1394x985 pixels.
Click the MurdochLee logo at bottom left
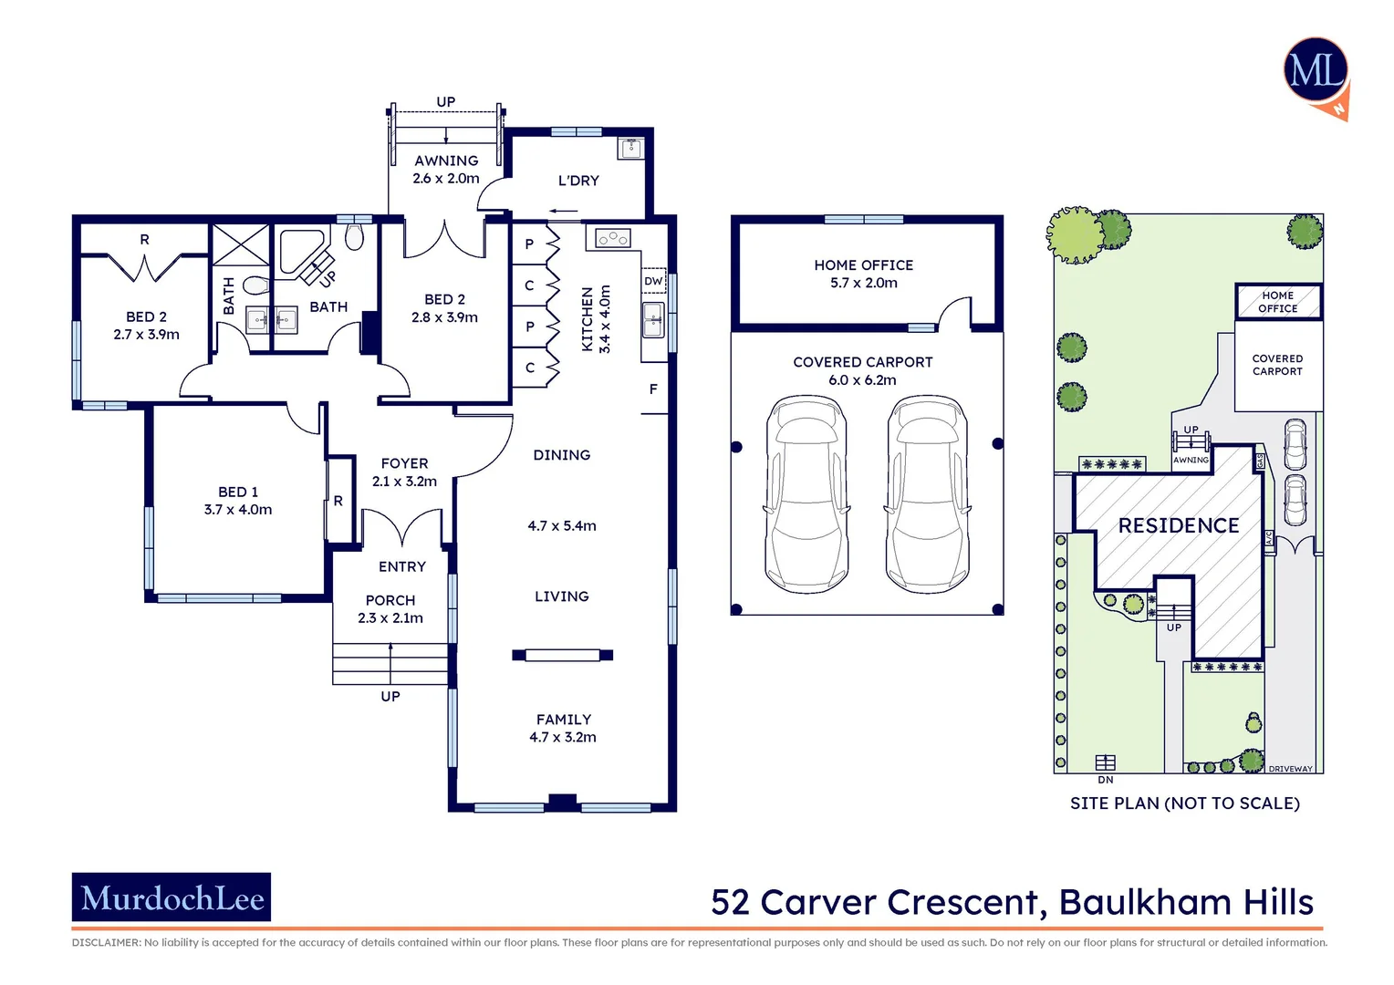(x=172, y=897)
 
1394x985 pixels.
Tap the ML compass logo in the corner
(x=1316, y=73)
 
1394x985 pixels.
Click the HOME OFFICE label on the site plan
(x=1277, y=302)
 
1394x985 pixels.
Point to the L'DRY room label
(x=578, y=181)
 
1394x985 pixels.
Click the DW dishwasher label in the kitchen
(x=653, y=281)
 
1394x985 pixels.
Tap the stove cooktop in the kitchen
(x=612, y=238)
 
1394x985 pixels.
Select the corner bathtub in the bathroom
(x=300, y=251)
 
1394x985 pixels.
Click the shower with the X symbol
(x=241, y=246)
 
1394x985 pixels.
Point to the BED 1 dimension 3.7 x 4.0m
(x=238, y=510)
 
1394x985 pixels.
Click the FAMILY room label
(x=563, y=720)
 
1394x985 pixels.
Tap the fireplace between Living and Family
(x=562, y=655)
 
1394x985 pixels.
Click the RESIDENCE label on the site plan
(x=1179, y=525)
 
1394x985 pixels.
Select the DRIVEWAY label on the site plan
(x=1290, y=769)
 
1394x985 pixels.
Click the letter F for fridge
(x=653, y=389)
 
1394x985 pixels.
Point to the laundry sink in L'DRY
(x=630, y=148)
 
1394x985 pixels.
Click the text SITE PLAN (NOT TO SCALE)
(x=1184, y=804)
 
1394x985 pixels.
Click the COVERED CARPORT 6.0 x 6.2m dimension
(x=863, y=380)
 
